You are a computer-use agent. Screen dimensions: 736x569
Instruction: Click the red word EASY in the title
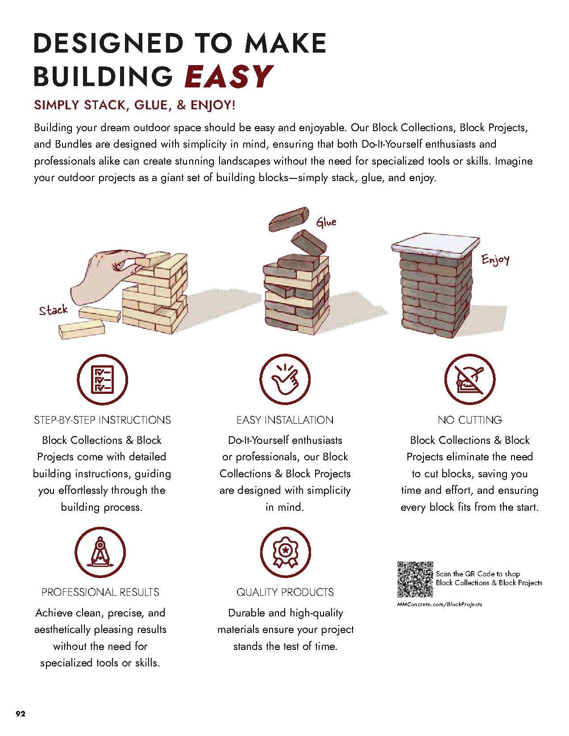pos(228,76)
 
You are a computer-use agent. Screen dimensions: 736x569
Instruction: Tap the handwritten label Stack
pos(53,310)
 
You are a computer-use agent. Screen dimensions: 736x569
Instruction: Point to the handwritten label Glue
pos(326,222)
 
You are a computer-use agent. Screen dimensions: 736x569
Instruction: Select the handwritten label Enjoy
pos(495,260)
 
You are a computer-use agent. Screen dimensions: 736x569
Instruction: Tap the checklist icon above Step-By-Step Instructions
pos(102,380)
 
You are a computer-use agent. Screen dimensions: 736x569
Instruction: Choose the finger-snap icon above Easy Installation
pos(285,380)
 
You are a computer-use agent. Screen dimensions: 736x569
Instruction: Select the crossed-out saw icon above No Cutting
pos(469,380)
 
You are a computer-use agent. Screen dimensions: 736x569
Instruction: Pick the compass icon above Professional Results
pos(100,552)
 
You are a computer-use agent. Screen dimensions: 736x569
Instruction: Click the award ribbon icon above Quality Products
pos(285,552)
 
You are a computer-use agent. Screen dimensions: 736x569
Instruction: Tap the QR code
pos(415,579)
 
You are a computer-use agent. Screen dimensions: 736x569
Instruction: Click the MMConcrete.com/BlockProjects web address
pos(440,604)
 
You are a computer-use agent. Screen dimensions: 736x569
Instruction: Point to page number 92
pos(21,714)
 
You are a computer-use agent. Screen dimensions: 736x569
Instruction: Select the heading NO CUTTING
pos(469,420)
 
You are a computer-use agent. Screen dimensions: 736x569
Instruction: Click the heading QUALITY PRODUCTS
pos(285,592)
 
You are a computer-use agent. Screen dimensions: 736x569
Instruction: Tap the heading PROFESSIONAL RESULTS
pos(100,592)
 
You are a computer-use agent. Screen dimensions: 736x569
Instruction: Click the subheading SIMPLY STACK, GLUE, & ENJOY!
pos(134,105)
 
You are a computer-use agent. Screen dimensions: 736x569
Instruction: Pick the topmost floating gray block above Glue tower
pos(289,218)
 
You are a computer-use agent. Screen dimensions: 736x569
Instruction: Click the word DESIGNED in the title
pos(108,43)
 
